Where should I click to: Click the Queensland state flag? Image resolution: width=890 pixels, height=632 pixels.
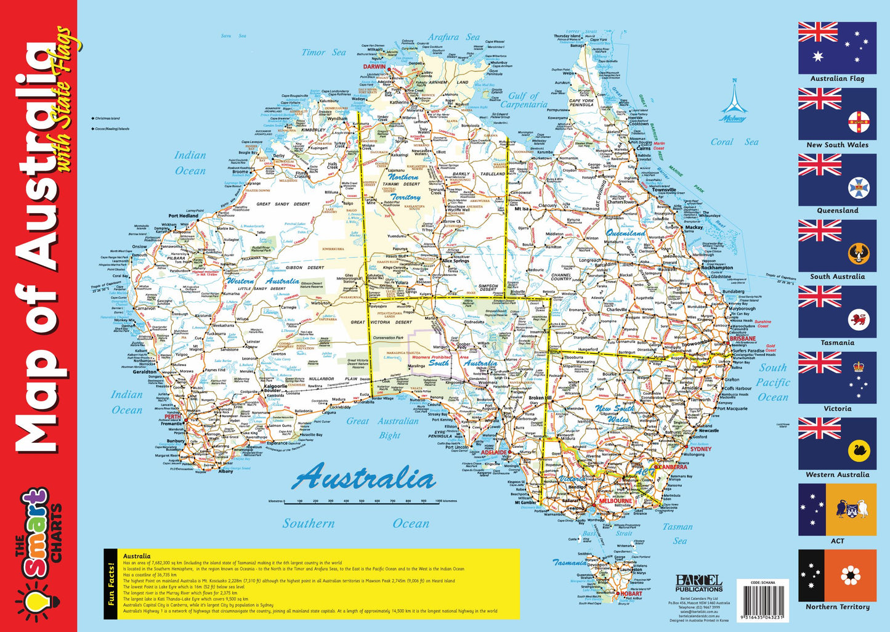point(837,180)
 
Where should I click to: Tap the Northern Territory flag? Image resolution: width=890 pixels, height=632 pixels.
point(837,575)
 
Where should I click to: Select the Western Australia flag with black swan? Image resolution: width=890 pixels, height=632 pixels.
point(837,444)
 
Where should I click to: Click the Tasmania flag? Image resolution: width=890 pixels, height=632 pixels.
point(837,312)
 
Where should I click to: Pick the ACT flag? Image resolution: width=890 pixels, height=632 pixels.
point(837,509)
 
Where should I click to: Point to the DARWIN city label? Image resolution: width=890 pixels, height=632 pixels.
point(374,67)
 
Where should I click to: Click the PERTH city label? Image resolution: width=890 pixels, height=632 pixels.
point(172,417)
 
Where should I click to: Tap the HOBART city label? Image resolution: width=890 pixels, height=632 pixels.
point(631,594)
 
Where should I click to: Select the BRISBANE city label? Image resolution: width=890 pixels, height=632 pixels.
point(742,339)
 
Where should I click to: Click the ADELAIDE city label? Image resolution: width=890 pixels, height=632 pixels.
point(494,453)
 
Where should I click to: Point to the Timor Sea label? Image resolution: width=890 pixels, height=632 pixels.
point(323,53)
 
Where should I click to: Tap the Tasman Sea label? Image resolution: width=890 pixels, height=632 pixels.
point(678,533)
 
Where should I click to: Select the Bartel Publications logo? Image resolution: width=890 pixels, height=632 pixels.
point(699,583)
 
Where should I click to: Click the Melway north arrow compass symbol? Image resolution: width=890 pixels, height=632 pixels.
point(734,102)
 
